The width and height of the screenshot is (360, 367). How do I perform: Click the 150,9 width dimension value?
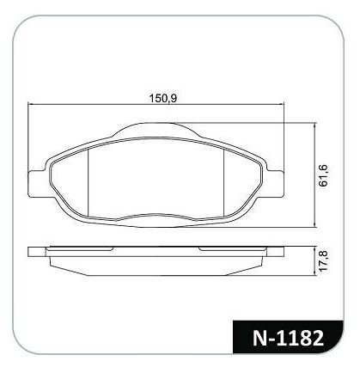(163, 98)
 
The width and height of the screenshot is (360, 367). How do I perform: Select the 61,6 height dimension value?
(323, 176)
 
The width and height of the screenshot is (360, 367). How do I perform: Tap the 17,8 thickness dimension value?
(323, 260)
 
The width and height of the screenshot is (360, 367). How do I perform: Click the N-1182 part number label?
(288, 338)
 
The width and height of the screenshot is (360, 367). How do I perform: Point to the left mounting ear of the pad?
(37, 184)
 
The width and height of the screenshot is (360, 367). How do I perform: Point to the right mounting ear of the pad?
(276, 184)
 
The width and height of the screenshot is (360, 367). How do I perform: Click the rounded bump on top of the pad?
(156, 128)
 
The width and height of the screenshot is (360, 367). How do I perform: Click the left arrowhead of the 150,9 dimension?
(31, 105)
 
